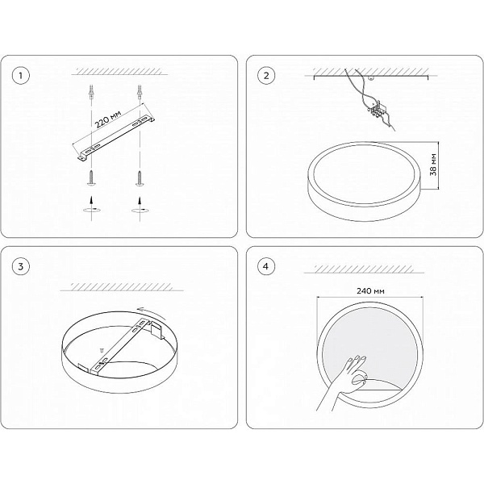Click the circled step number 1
(21, 76)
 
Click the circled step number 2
(266, 76)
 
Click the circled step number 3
(21, 266)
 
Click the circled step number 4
(266, 266)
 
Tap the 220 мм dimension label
(107, 119)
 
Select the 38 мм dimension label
(434, 165)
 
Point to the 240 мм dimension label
(370, 290)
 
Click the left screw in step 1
(92, 178)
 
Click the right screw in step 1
(140, 178)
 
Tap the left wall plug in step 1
(91, 92)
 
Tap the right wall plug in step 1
(140, 92)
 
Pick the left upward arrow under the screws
(91, 200)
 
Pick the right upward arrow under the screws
(140, 200)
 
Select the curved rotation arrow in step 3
(151, 311)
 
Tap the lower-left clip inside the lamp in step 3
(84, 368)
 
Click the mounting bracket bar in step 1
(115, 138)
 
